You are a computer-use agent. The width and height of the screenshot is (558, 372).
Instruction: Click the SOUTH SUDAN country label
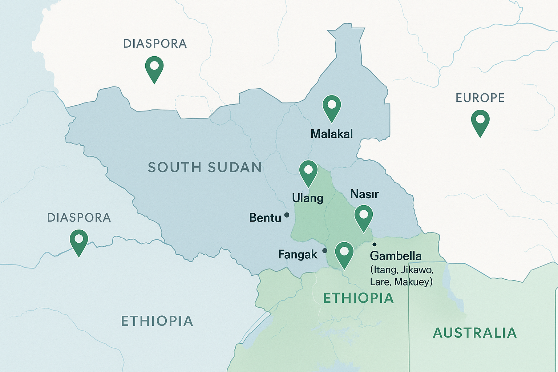pyautogui.click(x=205, y=167)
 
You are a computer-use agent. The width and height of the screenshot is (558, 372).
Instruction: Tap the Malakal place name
pyautogui.click(x=331, y=134)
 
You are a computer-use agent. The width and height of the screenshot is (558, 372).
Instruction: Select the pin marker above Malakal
pyautogui.click(x=332, y=106)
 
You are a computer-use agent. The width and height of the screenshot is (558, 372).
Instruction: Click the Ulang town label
pyautogui.click(x=307, y=198)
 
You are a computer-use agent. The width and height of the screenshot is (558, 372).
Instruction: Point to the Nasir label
pyautogui.click(x=364, y=194)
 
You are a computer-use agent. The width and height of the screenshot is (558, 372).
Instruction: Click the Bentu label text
pyautogui.click(x=265, y=218)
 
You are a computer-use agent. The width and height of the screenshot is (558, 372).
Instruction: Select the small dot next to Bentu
pyautogui.click(x=287, y=215)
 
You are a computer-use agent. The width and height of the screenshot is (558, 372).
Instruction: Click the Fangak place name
pyautogui.click(x=298, y=255)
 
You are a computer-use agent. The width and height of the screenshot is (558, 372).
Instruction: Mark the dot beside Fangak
pyautogui.click(x=325, y=251)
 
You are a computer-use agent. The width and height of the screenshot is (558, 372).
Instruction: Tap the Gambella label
pyautogui.click(x=396, y=256)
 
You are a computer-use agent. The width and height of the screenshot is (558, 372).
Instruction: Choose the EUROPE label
pyautogui.click(x=480, y=98)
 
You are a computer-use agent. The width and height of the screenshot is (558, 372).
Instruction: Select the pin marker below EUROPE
pyautogui.click(x=480, y=121)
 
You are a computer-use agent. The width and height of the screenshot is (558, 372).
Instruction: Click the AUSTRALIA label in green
pyautogui.click(x=475, y=333)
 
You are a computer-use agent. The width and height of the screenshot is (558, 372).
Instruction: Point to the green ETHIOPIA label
pyautogui.click(x=359, y=298)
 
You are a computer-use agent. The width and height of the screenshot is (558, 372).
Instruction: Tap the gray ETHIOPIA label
pyautogui.click(x=157, y=321)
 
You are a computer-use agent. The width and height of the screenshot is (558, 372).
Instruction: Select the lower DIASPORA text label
pyautogui.click(x=79, y=218)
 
